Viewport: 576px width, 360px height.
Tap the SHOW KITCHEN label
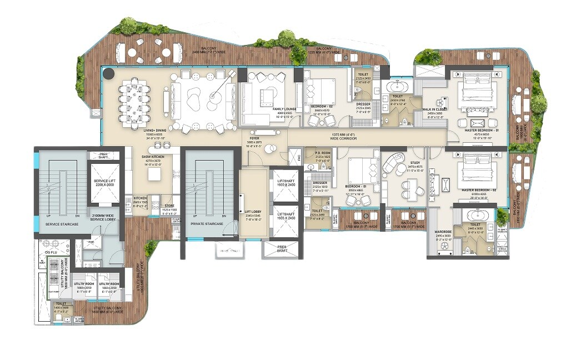152,157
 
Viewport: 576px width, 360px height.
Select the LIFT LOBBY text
253,211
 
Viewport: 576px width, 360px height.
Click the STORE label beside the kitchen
169,206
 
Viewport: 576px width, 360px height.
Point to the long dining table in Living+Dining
133,102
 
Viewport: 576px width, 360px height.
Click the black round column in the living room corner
107,72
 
